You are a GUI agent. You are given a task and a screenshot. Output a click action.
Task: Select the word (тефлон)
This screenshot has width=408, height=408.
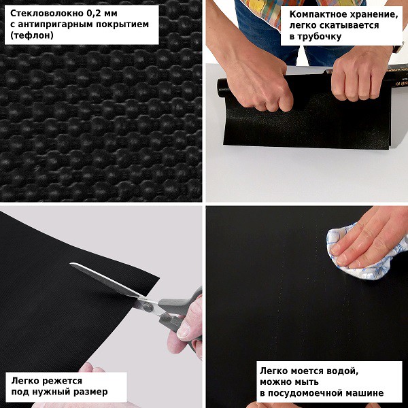tap(32, 35)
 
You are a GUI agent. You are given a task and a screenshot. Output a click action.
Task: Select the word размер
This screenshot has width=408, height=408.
tap(91, 392)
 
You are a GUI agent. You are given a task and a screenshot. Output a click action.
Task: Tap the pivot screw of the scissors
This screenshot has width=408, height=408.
tap(148, 307)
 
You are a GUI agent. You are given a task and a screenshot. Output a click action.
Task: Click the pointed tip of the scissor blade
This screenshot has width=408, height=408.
tap(71, 264)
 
